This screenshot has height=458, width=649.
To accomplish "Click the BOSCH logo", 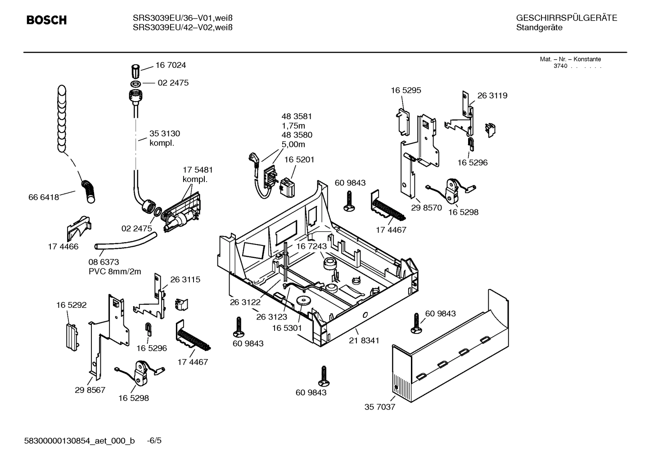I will pyautogui.click(x=46, y=20).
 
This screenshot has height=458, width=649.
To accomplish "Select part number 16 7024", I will pyautogui.click(x=171, y=65).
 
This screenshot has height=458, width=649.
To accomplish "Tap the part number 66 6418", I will pyautogui.click(x=44, y=197).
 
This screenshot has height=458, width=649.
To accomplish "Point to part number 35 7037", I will pyautogui.click(x=379, y=407).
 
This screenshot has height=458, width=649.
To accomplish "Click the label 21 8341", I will pyautogui.click(x=364, y=340).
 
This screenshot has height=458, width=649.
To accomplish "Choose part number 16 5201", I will pyautogui.click(x=299, y=160).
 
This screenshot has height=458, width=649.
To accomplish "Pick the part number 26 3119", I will pyautogui.click(x=492, y=96).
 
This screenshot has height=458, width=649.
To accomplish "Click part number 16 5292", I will pyautogui.click(x=71, y=305).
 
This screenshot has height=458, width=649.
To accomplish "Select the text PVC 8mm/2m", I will pyautogui.click(x=115, y=271).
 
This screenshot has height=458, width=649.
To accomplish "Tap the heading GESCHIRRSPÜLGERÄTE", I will pyautogui.click(x=566, y=18).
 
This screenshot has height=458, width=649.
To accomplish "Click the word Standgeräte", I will pyautogui.click(x=539, y=28).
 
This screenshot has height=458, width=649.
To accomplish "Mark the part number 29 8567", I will pyautogui.click(x=90, y=390).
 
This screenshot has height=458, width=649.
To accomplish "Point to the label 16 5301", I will pyautogui.click(x=287, y=328).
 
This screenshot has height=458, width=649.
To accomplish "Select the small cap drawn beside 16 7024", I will pyautogui.click(x=135, y=71).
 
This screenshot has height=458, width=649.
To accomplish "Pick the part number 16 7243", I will pyautogui.click(x=311, y=246).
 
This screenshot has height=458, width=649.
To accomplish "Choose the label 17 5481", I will pyautogui.click(x=198, y=170).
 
